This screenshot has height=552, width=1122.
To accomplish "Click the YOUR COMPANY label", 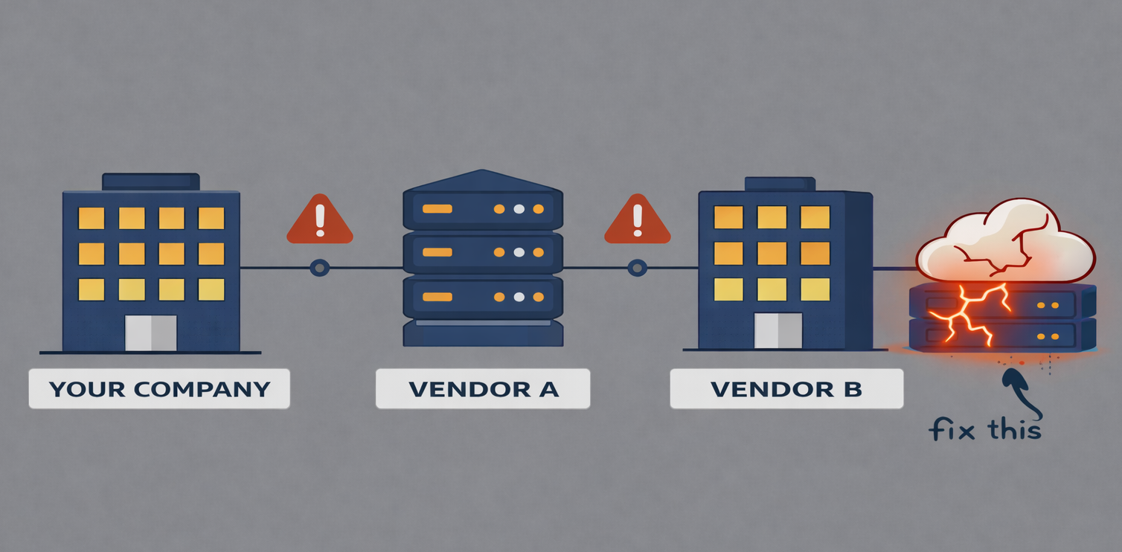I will tap(159, 388).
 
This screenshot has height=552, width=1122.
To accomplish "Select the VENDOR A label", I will tap(483, 388).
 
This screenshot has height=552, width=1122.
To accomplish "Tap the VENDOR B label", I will tap(786, 388).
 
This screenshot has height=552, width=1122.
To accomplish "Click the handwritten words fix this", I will tap(984, 429).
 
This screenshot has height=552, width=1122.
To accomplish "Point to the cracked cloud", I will tap(1004, 242).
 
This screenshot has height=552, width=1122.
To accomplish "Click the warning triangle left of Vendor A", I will tap(320, 220).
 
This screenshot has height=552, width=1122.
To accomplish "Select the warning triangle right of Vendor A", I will tap(637, 220).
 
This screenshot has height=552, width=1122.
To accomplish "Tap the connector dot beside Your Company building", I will tap(320, 267).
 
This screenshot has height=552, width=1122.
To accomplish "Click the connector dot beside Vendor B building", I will tap(637, 267).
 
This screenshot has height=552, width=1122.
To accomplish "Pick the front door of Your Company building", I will tap(151, 333).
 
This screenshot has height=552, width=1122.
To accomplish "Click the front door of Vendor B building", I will tap(778, 330).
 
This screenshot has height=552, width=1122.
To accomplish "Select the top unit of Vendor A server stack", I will tap(483, 208).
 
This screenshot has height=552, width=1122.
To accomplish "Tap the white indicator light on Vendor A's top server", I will tap(519, 209).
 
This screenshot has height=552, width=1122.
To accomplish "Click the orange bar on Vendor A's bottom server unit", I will tap(437, 298).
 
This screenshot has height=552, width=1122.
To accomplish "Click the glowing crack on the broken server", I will tap(967, 312).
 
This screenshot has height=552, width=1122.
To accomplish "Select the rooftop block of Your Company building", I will tap(151, 182).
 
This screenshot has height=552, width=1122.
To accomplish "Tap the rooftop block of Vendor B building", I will tap(780, 184).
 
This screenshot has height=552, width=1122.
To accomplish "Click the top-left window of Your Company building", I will tap(92, 218).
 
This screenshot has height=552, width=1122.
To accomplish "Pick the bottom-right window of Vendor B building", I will tap(815, 289).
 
